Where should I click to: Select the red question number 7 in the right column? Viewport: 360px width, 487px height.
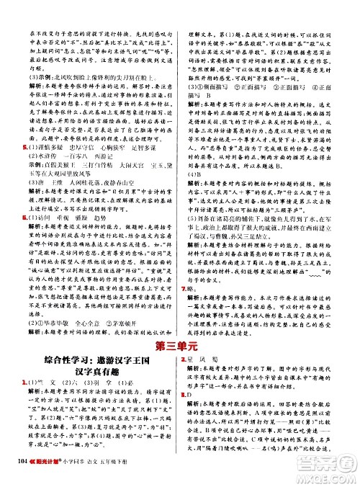pyautogui.click(x=186, y=287)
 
